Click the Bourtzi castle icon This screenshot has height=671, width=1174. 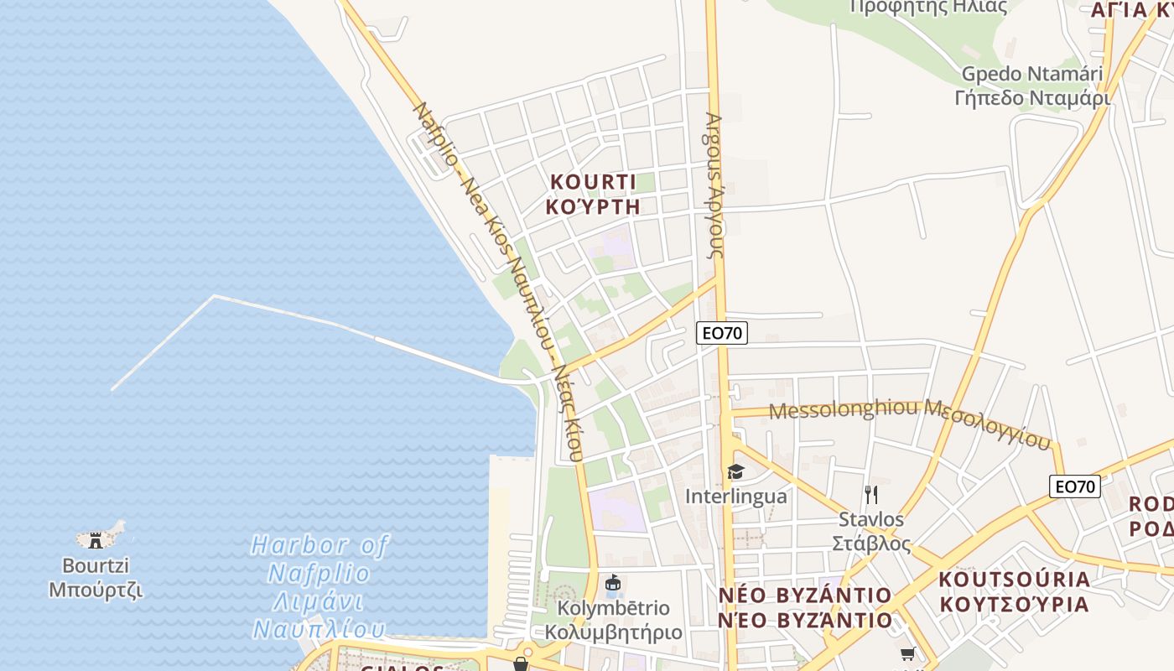coord(96,539)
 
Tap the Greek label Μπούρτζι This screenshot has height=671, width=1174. coord(95,590)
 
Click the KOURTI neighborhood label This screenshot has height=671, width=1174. coord(592,182)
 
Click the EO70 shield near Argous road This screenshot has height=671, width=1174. coord(721,333)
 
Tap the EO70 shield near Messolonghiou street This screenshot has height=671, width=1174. coord(1074,486)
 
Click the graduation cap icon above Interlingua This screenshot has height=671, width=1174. coord(735,472)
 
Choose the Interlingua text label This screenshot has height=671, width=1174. coord(735,497)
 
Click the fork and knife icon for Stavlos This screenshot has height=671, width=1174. coord(871,495)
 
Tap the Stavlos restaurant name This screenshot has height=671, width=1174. coord(871,520)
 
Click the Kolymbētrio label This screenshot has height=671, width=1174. coord(614,608)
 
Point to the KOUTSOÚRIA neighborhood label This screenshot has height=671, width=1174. coord(1014,580)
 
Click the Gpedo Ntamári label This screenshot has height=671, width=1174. coord(1031,74)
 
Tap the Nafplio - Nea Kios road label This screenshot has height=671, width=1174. coord(495,277)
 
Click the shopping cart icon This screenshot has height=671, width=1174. coord(906,654)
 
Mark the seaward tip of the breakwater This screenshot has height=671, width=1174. coord(112,390)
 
